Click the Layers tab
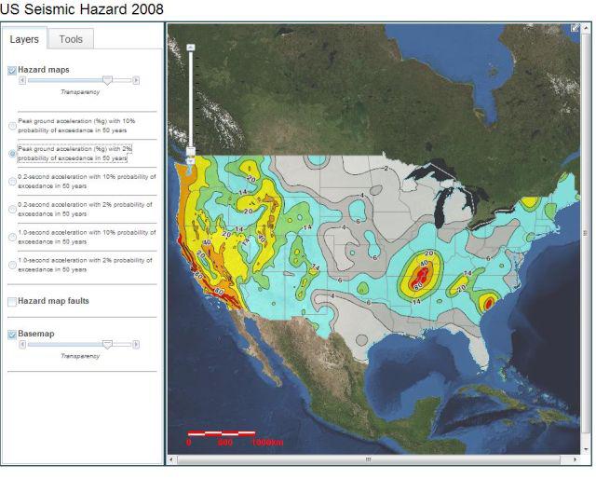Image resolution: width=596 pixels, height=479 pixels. coord(24,39)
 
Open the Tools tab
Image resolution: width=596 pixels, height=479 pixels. coord(71,39)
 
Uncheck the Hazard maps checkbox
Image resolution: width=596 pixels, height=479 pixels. coord(12,70)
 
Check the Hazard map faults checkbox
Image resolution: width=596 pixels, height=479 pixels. coord(12,302)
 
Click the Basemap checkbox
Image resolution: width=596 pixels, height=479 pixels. coord(12,334)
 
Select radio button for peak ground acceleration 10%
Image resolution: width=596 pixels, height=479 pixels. coord(12,126)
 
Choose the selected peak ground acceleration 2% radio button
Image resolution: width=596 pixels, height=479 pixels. coord(12,153)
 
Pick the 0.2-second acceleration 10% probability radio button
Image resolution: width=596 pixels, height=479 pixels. coord(12,181)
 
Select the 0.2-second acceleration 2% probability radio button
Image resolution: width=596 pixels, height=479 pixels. coord(12,209)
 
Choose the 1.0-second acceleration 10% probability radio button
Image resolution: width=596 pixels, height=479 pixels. coord(12,237)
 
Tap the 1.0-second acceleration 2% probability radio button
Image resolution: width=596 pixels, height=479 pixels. coord(12,265)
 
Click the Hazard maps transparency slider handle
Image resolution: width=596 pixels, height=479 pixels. coord(108,81)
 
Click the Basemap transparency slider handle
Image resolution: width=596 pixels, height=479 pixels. coord(108,344)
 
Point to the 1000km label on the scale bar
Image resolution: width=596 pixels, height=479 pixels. coord(267,442)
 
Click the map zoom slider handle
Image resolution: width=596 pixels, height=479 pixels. coord(191,149)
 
